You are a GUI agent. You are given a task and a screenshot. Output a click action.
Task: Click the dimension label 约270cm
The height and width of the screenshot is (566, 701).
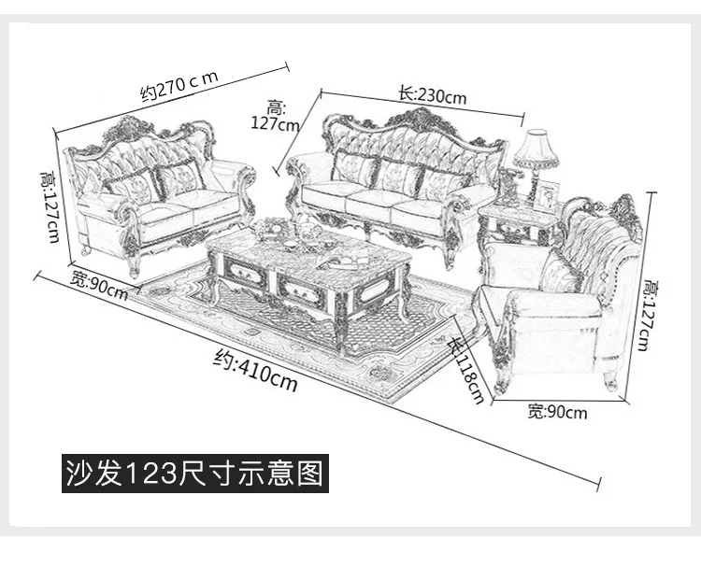coord(179,84)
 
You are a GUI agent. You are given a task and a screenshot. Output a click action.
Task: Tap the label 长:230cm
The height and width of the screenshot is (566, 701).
coord(432,94)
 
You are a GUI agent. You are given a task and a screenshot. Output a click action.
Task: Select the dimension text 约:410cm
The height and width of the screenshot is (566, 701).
coord(255,369)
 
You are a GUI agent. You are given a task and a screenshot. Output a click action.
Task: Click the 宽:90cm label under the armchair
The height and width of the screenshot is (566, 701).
coord(557,411)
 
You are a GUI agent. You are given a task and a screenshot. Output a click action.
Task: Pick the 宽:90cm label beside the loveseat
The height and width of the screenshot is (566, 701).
coord(99,283)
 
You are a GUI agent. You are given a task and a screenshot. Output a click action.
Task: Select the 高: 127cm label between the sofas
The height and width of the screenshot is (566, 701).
coord(276,115)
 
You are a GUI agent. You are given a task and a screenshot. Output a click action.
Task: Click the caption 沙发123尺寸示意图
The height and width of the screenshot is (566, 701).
coord(194,473)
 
